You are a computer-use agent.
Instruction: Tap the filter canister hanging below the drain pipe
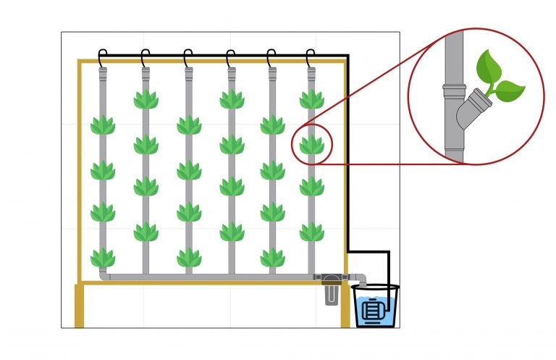(331, 293)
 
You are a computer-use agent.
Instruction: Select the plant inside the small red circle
(312, 144)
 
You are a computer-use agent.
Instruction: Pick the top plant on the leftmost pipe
(103, 125)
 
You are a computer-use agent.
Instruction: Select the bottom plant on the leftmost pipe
(103, 257)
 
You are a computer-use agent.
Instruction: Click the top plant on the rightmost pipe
(312, 99)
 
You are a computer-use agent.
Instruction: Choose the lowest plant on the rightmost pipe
(312, 232)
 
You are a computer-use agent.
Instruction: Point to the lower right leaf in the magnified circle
(510, 91)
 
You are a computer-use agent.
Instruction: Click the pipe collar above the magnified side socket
(454, 91)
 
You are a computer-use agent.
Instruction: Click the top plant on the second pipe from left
(146, 99)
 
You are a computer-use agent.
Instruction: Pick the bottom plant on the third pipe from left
(188, 257)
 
